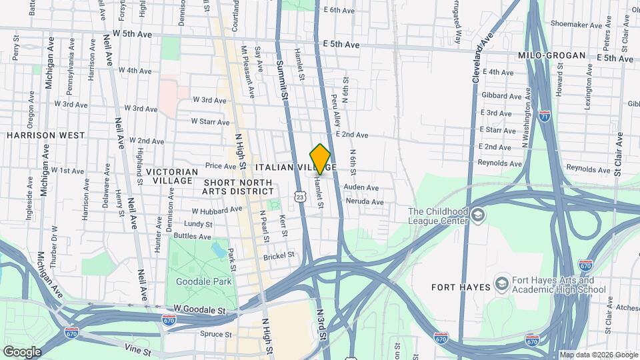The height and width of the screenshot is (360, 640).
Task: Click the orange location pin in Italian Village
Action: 321,159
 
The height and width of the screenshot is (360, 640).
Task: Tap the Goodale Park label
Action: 204,281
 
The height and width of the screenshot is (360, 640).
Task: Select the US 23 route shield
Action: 300,197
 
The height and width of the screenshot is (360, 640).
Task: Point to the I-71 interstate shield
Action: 545,115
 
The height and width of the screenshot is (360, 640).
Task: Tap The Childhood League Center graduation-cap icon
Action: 478,215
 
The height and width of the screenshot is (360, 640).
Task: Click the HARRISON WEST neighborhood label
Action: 36,135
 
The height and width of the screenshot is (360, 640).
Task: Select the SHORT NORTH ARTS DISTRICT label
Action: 238,187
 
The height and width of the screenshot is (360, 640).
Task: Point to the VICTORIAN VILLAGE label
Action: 172,176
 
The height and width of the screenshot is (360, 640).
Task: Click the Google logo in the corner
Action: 22,352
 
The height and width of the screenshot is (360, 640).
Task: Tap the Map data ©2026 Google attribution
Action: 598,355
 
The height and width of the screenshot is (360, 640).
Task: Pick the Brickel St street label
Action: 279,255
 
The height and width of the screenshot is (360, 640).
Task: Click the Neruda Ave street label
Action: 364,201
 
